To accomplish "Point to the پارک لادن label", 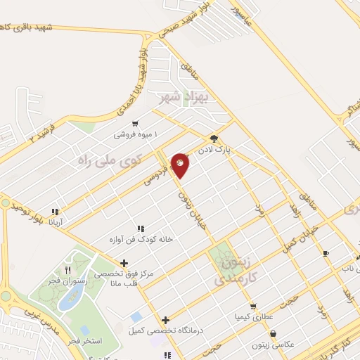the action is tap(233, 150).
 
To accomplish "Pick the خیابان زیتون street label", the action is tap(188, 196).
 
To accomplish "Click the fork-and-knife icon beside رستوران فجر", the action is tap(67, 269).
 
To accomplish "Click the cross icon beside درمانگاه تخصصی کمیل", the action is tap(166, 319).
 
